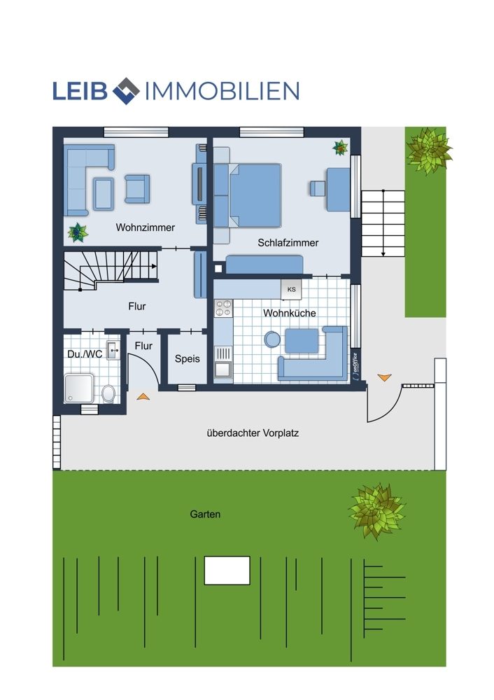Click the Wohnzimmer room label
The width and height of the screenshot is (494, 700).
pyautogui.click(x=145, y=227)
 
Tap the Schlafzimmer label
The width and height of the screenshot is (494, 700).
pyautogui.click(x=288, y=243)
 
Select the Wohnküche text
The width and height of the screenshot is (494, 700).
pyautogui.click(x=290, y=313)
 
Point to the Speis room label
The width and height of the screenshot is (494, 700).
pyautogui.click(x=187, y=359)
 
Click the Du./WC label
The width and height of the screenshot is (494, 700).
pyautogui.click(x=85, y=354)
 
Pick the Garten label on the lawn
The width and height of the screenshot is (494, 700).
pyautogui.click(x=205, y=514)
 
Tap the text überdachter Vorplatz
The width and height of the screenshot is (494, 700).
pyautogui.click(x=253, y=433)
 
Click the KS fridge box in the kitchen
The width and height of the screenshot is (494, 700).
pyautogui.click(x=291, y=289)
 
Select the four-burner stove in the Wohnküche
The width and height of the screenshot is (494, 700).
pyautogui.click(x=224, y=309)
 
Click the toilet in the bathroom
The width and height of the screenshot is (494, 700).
pyautogui.click(x=108, y=393)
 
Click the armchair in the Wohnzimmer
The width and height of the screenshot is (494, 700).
pyautogui.click(x=137, y=189)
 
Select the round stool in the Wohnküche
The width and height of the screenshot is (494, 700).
pyautogui.click(x=272, y=339)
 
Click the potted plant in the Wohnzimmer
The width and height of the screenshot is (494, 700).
pyautogui.click(x=78, y=232)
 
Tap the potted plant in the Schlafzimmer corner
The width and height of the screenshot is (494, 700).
pyautogui.click(x=340, y=148)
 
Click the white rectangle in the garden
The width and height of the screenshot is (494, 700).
pyautogui.click(x=227, y=570)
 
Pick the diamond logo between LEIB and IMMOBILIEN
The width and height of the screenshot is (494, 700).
pyautogui.click(x=126, y=91)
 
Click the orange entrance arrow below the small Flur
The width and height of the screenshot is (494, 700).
pyautogui.click(x=143, y=396)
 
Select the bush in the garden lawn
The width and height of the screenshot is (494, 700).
pyautogui.click(x=377, y=511)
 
